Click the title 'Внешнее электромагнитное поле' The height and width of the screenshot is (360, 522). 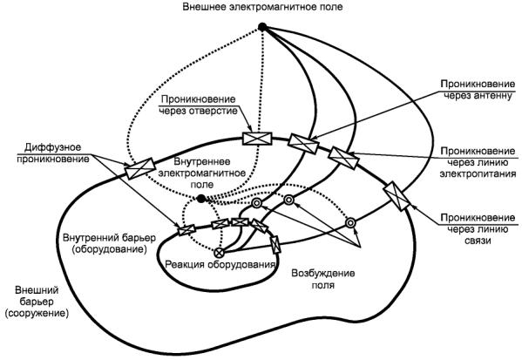click(x=262, y=7)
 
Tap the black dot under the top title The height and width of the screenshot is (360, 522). click(x=262, y=27)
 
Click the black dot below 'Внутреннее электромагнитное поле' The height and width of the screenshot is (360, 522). click(x=201, y=199)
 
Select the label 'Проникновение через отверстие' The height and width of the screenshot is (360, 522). click(x=198, y=105)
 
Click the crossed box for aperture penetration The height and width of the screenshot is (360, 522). click(x=257, y=139)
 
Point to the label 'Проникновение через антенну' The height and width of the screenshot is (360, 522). click(x=478, y=90)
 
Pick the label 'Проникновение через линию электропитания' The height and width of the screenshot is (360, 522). click(x=478, y=162)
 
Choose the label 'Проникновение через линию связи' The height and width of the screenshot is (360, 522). click(x=478, y=228)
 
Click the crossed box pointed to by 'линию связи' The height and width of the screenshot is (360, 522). click(x=397, y=196)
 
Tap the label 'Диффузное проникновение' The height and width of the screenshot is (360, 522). click(x=53, y=153)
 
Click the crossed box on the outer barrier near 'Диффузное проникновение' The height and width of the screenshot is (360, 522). click(x=139, y=168)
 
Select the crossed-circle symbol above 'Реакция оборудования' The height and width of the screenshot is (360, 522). click(x=219, y=253)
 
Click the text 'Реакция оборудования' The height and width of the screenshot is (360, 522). click(x=220, y=264)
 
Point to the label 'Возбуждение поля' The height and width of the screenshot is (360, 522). click(x=323, y=279)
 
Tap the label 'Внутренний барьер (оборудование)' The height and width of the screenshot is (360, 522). click(x=109, y=243)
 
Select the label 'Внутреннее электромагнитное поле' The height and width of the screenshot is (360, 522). click(x=202, y=173)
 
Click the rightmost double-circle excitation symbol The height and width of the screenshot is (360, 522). click(x=350, y=223)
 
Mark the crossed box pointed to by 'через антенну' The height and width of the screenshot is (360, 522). click(x=303, y=143)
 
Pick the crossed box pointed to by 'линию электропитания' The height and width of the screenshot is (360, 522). click(x=343, y=158)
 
